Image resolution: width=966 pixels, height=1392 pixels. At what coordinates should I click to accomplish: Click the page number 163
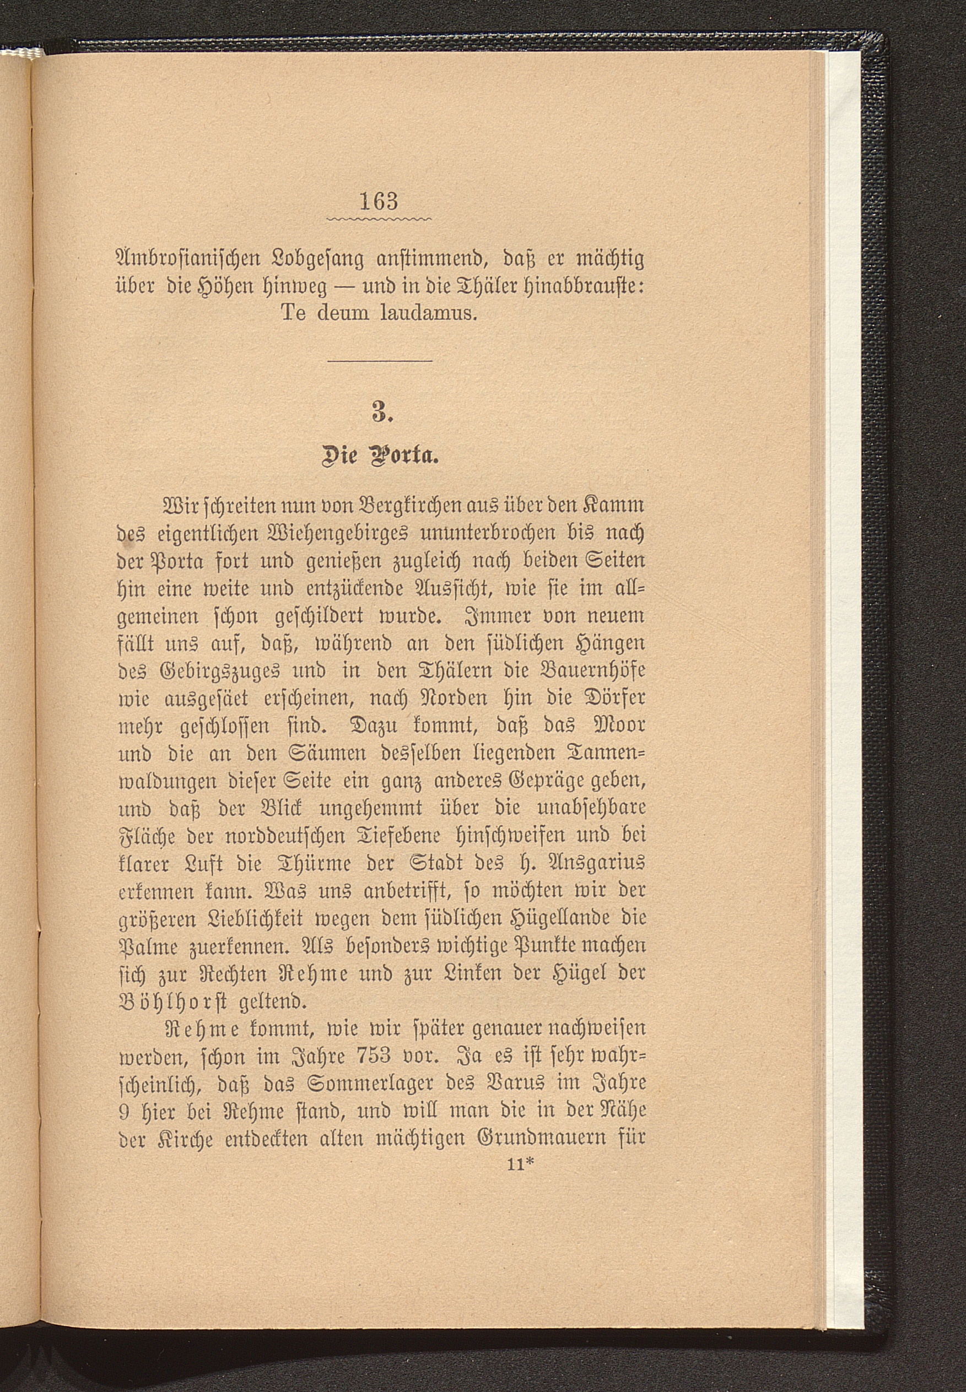coord(379,201)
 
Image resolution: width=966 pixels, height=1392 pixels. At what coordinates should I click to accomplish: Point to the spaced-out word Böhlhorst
coord(172,1002)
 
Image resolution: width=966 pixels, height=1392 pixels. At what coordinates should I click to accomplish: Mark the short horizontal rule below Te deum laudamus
coord(380,361)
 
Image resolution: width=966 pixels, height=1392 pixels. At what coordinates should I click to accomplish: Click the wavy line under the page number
coord(380,218)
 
